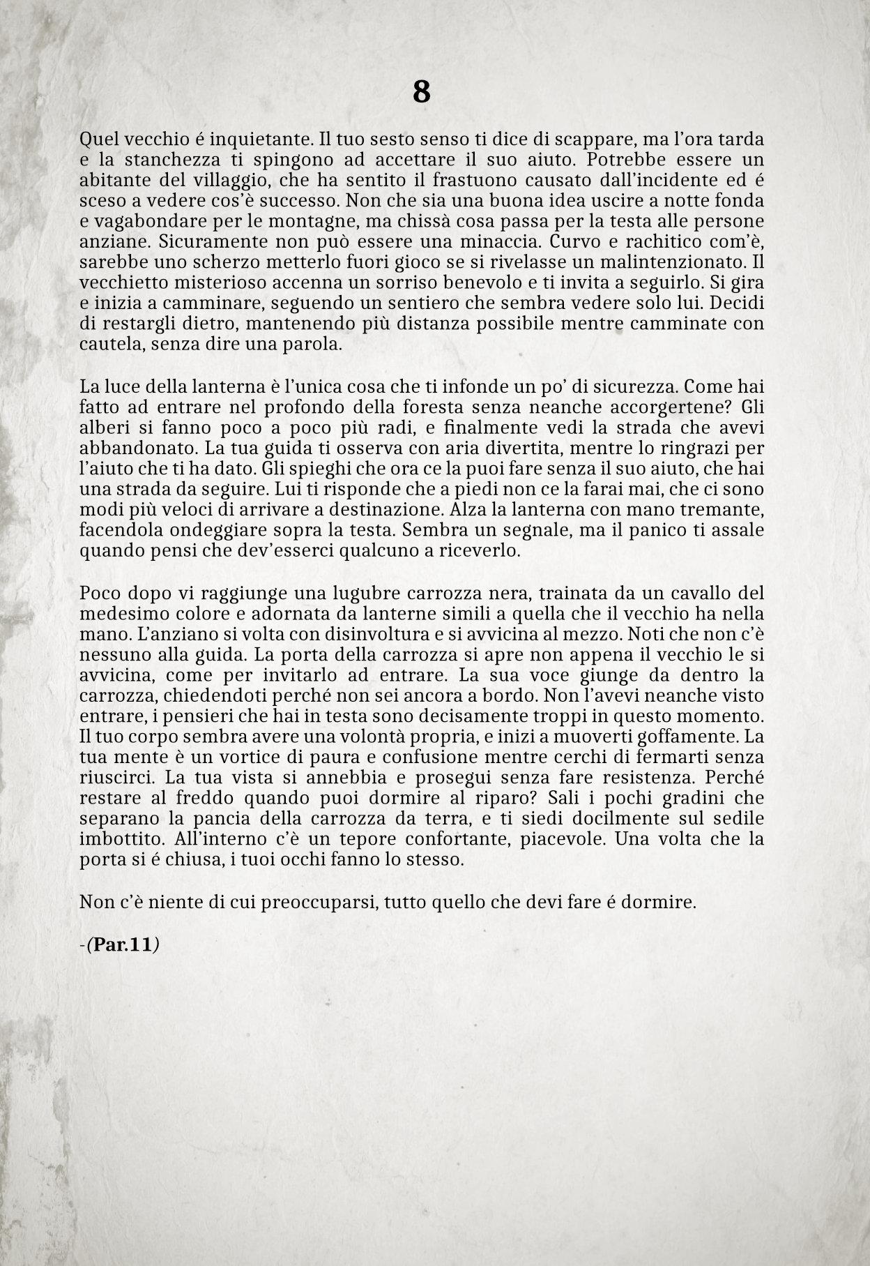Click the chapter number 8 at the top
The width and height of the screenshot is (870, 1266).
(x=421, y=91)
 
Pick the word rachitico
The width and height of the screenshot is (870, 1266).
(x=643, y=242)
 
